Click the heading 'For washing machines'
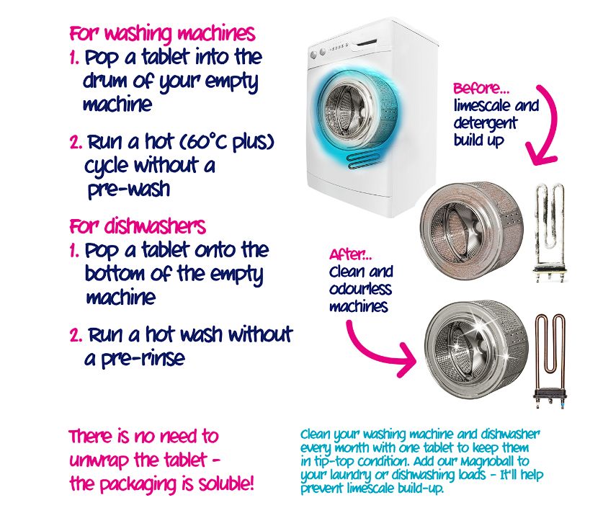(x=162, y=34)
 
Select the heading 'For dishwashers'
(x=138, y=226)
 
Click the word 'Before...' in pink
(x=481, y=89)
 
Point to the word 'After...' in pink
(x=350, y=254)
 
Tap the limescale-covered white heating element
(x=550, y=233)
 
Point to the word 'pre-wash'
(x=129, y=190)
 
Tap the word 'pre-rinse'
(x=143, y=359)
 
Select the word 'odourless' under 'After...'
(x=360, y=289)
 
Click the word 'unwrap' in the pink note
(x=99, y=460)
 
